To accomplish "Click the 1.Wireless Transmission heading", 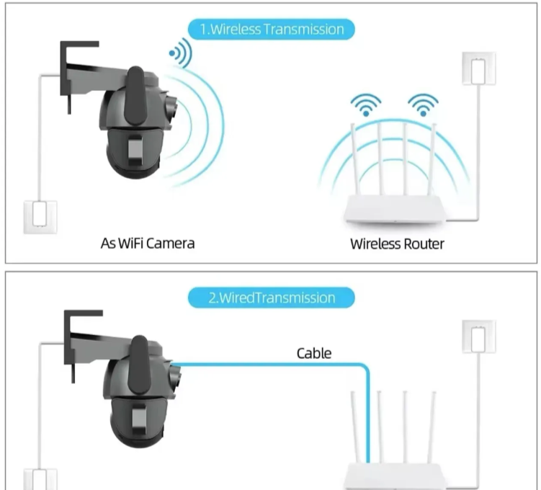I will [272, 29].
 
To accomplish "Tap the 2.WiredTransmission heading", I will [272, 298].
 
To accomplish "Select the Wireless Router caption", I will [397, 244].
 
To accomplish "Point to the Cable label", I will [314, 353].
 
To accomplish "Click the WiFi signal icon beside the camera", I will [180, 52].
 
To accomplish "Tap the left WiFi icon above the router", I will [367, 104].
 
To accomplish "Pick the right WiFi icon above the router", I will [422, 104].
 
